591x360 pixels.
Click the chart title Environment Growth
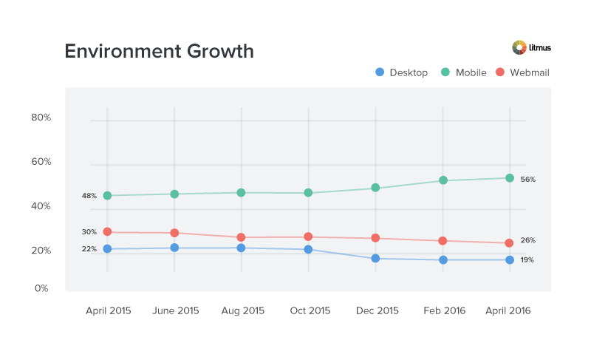[x=159, y=51]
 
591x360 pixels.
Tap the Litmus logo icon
[x=519, y=47]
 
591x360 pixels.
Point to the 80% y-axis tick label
[x=41, y=118]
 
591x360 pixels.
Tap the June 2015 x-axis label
[x=175, y=311]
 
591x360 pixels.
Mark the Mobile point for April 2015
[x=107, y=196]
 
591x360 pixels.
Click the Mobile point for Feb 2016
[x=443, y=180]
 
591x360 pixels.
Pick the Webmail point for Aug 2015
[x=242, y=237]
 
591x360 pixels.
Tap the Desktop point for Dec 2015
[x=375, y=259]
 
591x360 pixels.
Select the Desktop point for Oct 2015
[x=308, y=250]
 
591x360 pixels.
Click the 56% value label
[x=527, y=180]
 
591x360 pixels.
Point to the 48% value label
[x=89, y=196]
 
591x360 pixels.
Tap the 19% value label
[x=527, y=260]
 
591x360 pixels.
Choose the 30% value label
[x=89, y=232]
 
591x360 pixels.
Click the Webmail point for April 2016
[x=510, y=243]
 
